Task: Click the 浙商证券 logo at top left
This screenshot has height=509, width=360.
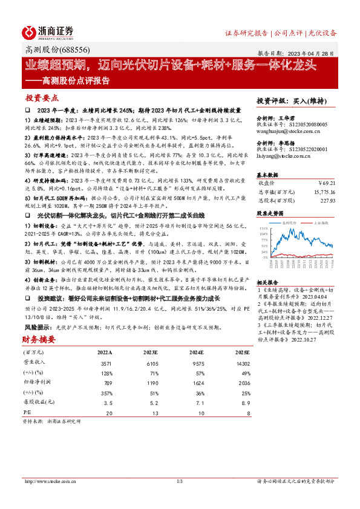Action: pos(48,32)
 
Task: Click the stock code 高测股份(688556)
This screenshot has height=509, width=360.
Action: pos(50,51)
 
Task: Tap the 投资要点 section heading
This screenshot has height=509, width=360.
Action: pos(42,97)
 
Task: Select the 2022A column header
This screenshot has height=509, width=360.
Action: pos(105,352)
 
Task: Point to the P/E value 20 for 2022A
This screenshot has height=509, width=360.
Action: pos(109,412)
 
